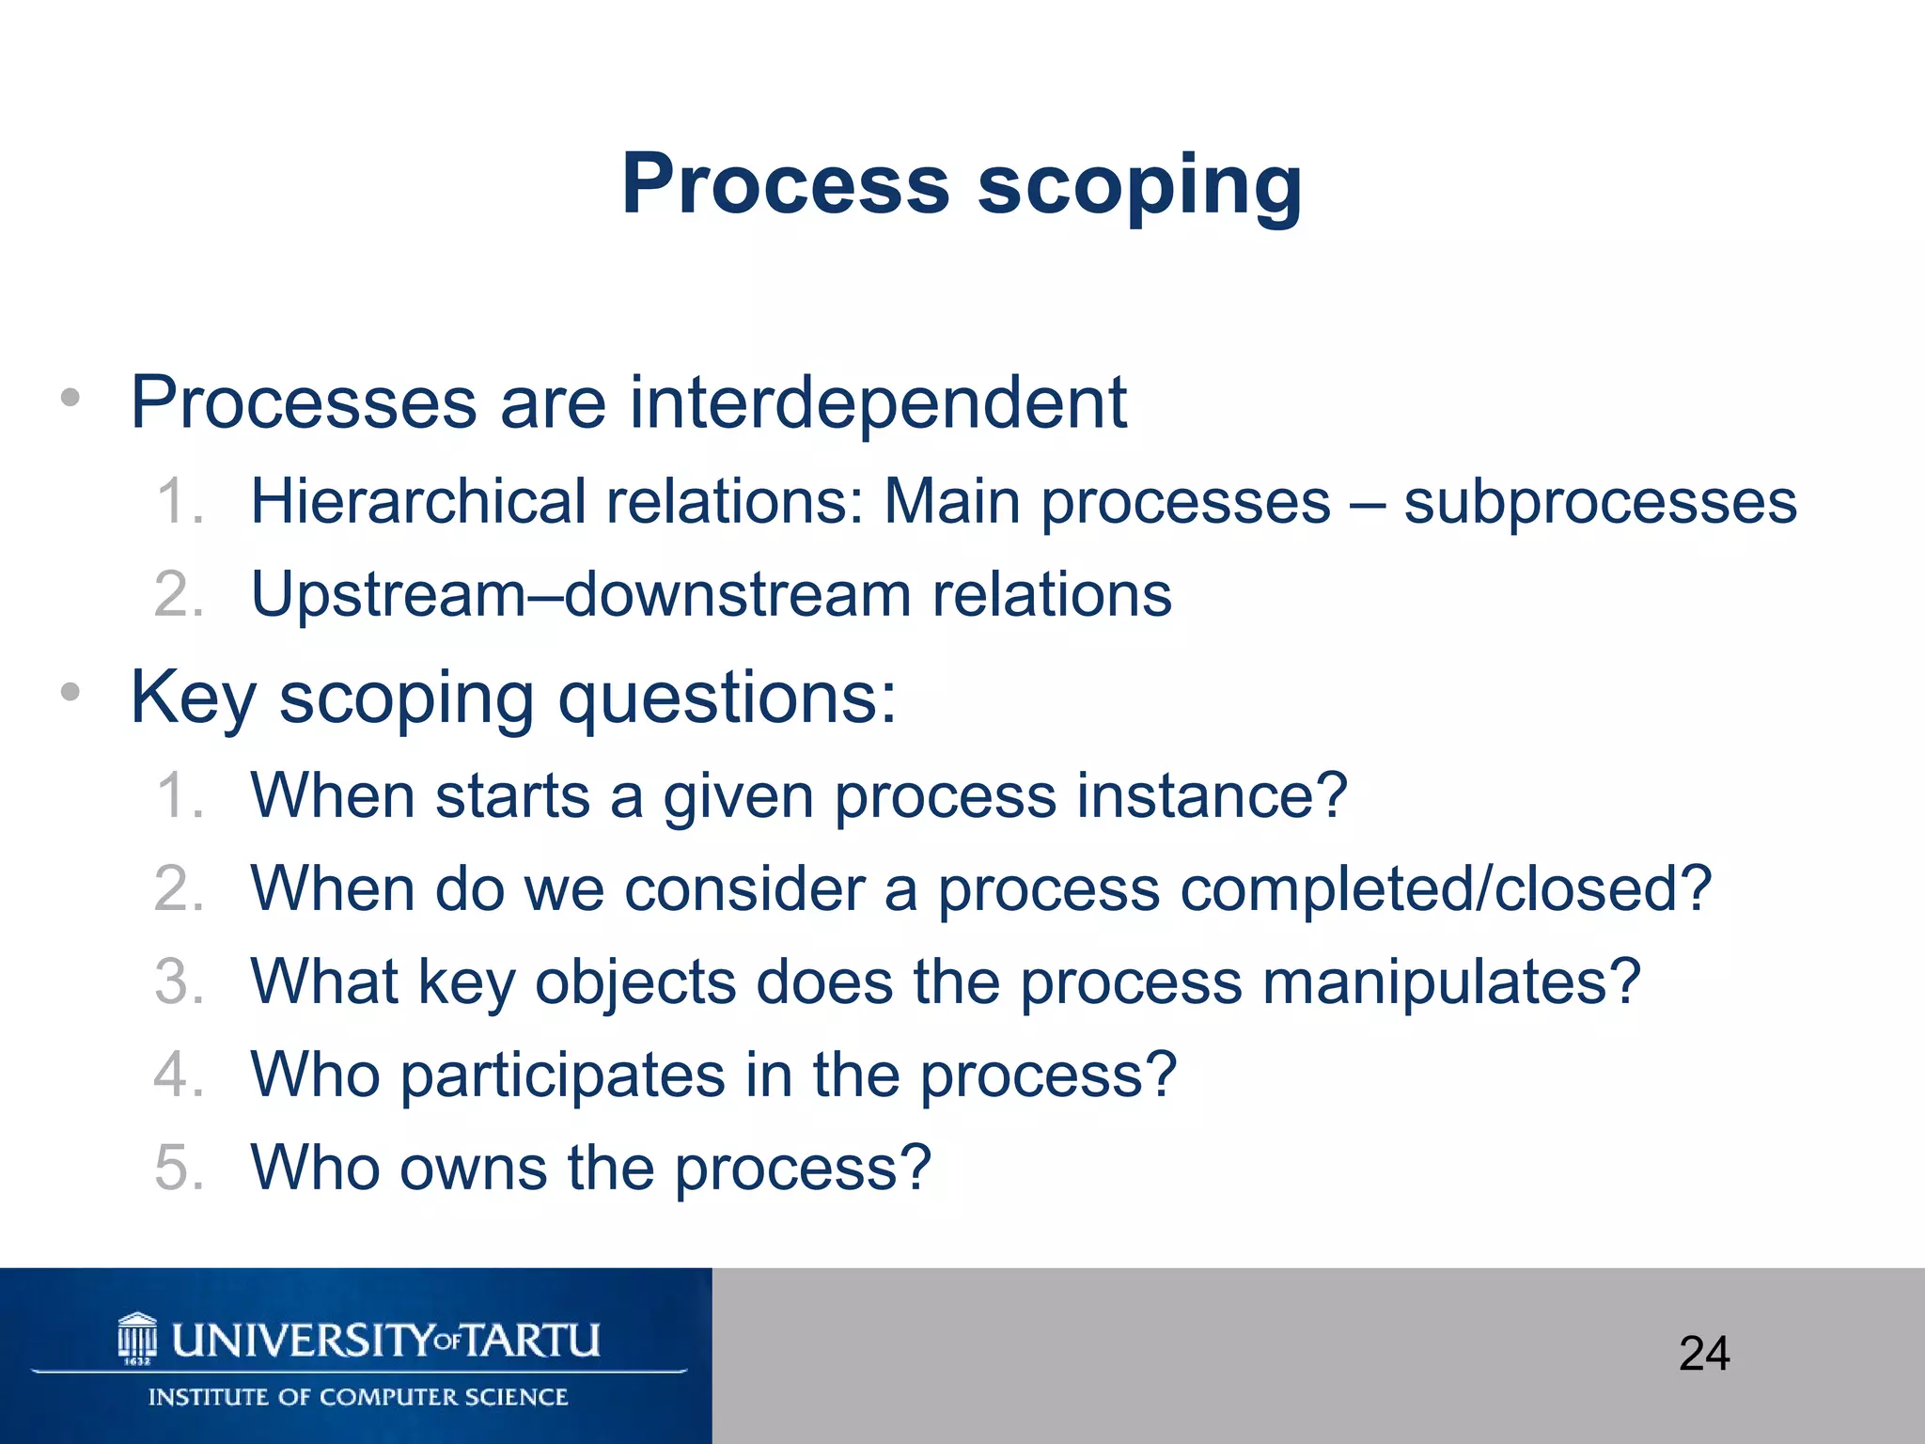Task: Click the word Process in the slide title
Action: point(786,184)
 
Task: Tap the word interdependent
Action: point(877,402)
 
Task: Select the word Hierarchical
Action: point(417,501)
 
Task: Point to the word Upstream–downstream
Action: point(581,595)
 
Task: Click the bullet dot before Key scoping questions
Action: point(70,693)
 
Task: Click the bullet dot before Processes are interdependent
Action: point(70,398)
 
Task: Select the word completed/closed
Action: point(1446,889)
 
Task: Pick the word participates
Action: point(562,1075)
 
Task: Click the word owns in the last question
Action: point(473,1168)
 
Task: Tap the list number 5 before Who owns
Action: point(179,1168)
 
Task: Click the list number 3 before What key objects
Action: point(179,982)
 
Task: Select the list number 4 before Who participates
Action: point(179,1075)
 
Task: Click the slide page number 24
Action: point(1703,1354)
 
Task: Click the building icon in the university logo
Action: point(137,1338)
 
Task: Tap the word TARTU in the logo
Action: point(531,1340)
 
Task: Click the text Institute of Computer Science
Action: point(358,1397)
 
